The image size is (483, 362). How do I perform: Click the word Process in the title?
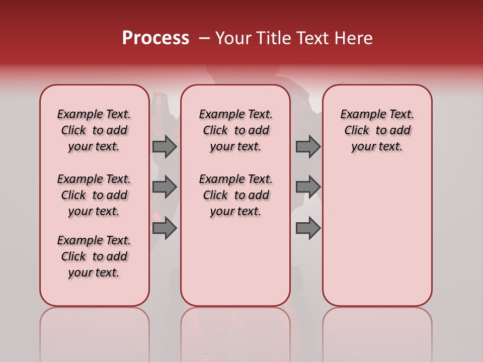(x=155, y=38)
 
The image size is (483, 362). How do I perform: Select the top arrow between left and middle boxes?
(x=165, y=146)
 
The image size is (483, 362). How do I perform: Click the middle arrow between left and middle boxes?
(x=165, y=187)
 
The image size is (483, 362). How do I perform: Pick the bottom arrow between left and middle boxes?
(x=165, y=228)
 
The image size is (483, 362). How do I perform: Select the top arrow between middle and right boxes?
(x=308, y=146)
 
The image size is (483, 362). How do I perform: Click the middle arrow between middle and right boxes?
(x=308, y=187)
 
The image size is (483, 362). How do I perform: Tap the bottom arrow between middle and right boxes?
(x=308, y=228)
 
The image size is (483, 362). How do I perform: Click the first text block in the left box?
(x=94, y=130)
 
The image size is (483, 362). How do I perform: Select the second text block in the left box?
(x=94, y=195)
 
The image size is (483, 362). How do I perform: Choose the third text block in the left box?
(x=94, y=256)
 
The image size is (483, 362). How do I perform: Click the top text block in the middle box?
(x=235, y=130)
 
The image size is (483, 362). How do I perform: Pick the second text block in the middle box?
(x=235, y=195)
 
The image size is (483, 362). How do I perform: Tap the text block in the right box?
(x=377, y=130)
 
